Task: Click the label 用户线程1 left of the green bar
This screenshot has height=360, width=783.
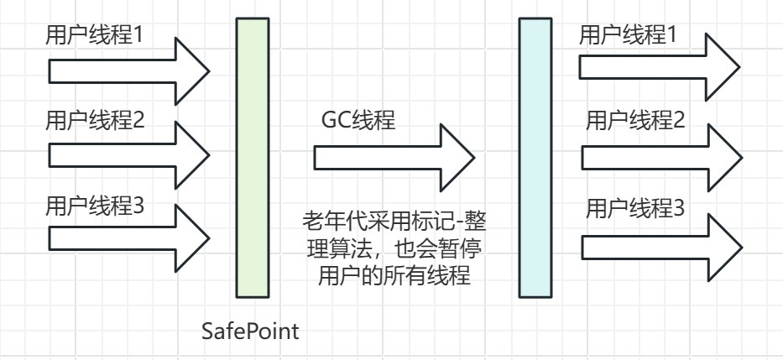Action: point(94,36)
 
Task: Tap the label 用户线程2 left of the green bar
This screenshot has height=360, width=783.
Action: point(95,120)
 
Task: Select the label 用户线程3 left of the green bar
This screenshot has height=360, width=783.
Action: point(95,206)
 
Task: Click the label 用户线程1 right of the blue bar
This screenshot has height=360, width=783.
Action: point(628,35)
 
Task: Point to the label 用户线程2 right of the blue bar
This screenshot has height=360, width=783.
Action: point(635,120)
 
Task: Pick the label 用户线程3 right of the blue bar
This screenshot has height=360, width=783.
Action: point(635,208)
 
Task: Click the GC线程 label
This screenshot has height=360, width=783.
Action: point(358,120)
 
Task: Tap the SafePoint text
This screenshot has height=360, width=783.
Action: point(250,331)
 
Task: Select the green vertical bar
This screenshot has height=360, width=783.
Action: point(253,158)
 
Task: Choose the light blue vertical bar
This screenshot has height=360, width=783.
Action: point(535,158)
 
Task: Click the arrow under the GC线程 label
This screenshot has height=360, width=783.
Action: point(394,158)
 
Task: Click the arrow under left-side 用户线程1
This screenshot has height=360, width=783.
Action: point(129,71)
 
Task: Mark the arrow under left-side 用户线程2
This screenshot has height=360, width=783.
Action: point(129,155)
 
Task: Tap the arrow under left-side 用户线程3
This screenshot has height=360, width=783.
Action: point(129,238)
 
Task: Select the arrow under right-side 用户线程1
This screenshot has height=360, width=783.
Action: point(660,67)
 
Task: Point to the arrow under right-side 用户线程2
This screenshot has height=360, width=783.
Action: point(662,158)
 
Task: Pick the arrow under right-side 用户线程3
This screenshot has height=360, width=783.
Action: point(662,248)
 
